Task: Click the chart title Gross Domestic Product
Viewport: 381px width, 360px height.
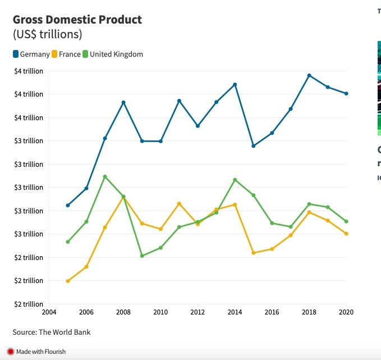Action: [77, 20]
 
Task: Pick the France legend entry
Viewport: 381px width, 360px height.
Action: [66, 54]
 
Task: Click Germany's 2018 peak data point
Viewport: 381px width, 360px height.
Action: [309, 75]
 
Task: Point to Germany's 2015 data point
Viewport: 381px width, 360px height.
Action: [254, 146]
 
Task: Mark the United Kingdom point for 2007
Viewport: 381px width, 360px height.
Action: [105, 176]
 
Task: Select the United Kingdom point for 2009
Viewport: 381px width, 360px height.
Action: [142, 256]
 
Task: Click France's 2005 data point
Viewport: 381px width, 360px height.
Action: [68, 281]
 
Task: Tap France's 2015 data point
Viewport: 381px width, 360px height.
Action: [254, 253]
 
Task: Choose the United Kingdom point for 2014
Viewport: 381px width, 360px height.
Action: [235, 180]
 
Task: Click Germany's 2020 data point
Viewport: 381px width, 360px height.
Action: [346, 94]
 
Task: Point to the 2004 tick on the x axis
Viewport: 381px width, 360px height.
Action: [49, 312]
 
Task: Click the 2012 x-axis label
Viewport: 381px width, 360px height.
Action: [198, 312]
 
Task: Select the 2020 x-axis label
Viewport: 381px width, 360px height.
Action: [346, 312]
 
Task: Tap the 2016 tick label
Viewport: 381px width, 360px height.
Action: [272, 312]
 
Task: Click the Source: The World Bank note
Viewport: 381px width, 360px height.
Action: [52, 332]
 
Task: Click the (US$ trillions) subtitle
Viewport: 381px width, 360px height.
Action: [48, 34]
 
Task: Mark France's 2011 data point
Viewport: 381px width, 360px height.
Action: [179, 203]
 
